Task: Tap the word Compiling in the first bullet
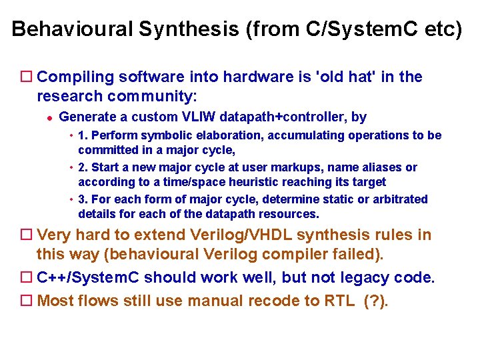tap(75, 77)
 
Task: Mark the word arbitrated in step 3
tap(401, 199)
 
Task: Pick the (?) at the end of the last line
tap(376, 301)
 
